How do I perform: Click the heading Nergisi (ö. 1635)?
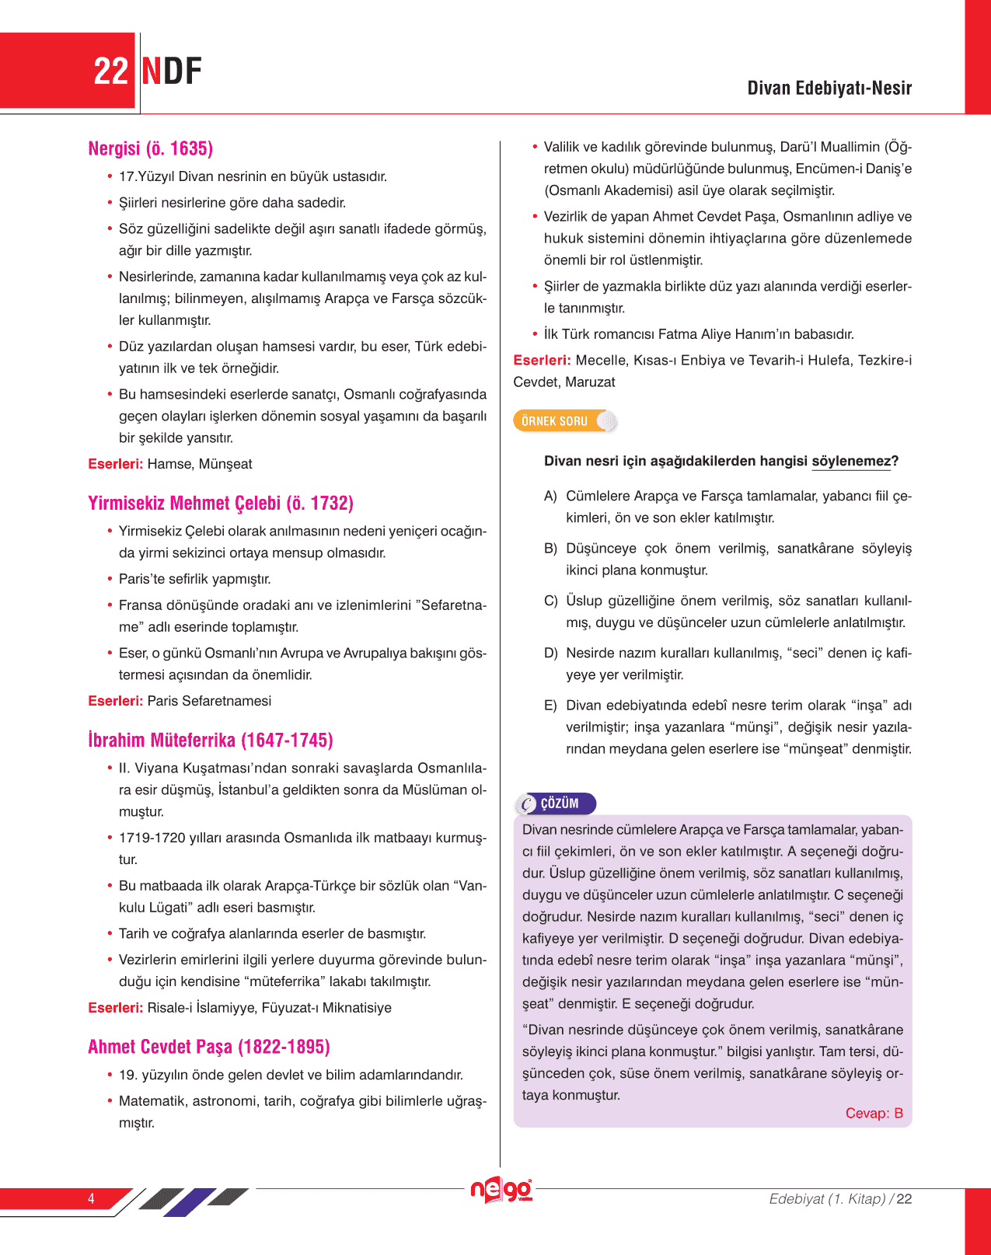[x=150, y=148]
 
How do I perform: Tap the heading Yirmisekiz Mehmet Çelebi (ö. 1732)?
[x=221, y=503]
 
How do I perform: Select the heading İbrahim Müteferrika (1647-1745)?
[x=211, y=740]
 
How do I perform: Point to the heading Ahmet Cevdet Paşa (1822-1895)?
[x=209, y=1047]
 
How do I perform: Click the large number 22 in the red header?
[x=110, y=71]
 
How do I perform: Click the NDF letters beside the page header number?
[x=172, y=71]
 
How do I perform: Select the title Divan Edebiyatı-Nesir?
[x=829, y=88]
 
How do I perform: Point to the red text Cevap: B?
[x=874, y=1113]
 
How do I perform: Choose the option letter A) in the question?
[x=550, y=496]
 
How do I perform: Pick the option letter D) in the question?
[x=550, y=653]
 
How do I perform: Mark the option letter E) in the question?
[x=550, y=706]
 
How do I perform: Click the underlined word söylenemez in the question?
[x=851, y=461]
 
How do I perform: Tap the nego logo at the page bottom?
[x=501, y=1190]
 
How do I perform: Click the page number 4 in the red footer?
[x=91, y=1198]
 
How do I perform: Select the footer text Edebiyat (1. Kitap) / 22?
[x=840, y=1198]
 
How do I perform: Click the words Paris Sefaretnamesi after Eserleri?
[x=209, y=701]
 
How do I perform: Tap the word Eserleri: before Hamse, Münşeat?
[x=115, y=464]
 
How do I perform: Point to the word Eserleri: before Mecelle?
[x=542, y=361]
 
